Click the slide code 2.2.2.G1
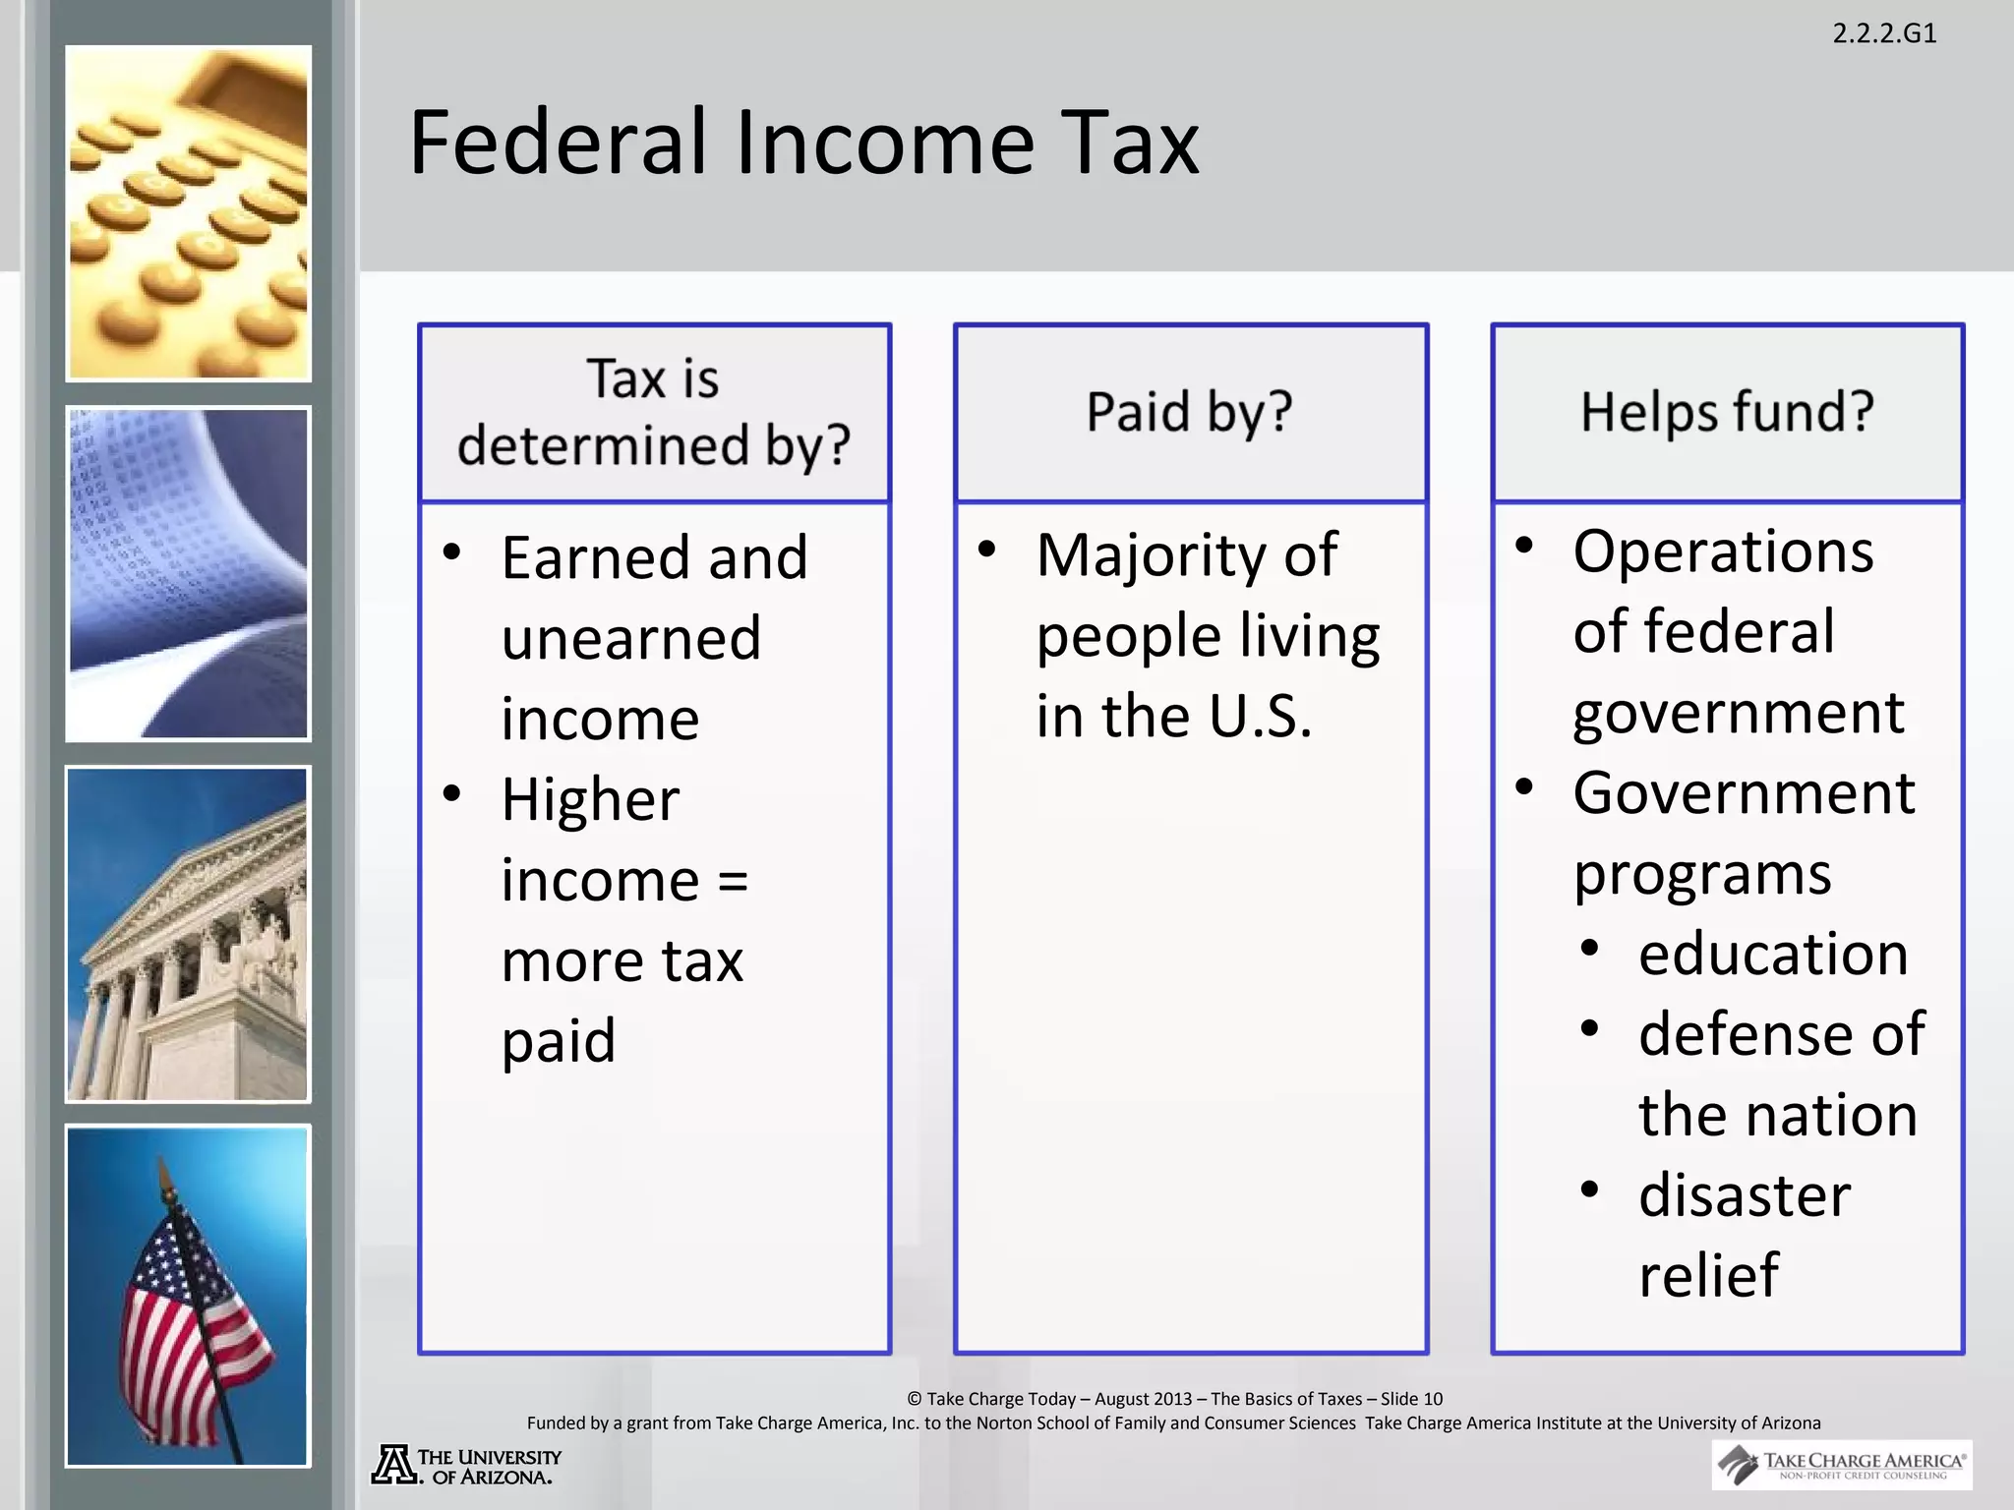coord(1884,33)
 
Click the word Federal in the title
coord(558,144)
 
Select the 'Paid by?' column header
coord(1189,412)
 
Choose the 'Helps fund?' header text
coord(1727,412)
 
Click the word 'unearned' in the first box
coord(631,639)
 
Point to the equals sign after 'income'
coord(733,880)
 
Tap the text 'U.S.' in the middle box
coord(1261,717)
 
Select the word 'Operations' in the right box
coord(1723,552)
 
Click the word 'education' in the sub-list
coord(1773,955)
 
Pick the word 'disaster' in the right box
coord(1745,1196)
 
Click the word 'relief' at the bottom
coord(1708,1276)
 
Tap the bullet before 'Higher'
coord(452,793)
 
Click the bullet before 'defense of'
coord(1590,1028)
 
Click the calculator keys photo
coord(189,213)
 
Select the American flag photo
coord(188,1296)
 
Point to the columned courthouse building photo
coord(188,934)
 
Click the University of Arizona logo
coord(466,1465)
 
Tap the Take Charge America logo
coord(1841,1465)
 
